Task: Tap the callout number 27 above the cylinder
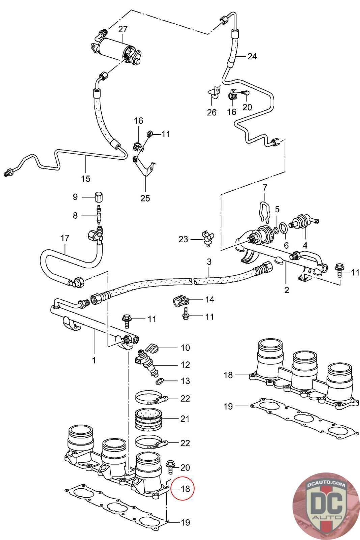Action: pos(122,29)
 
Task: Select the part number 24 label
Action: pos(252,56)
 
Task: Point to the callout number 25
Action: pos(145,198)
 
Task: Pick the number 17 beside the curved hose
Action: pos(64,238)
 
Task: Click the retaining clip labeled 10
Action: pos(153,347)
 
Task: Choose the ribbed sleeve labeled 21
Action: pos(149,419)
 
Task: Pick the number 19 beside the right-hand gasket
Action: pos(228,406)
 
